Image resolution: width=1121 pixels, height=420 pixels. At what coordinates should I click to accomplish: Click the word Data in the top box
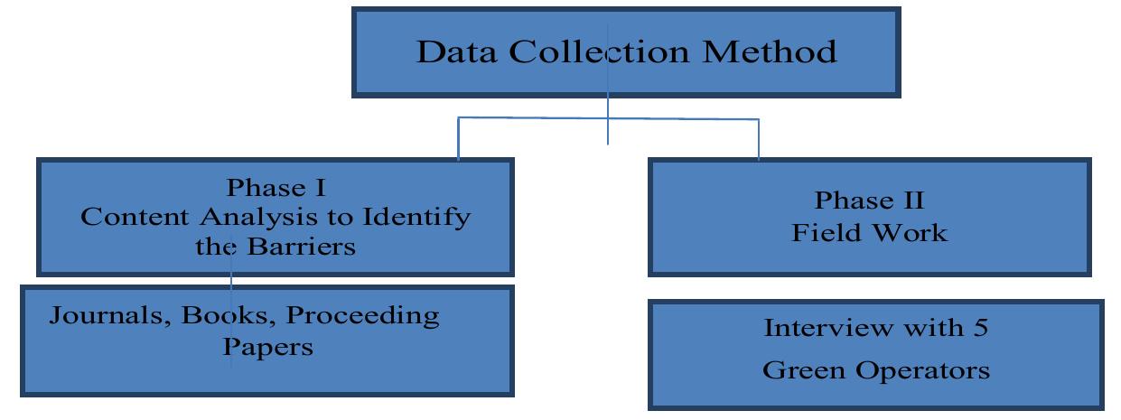tap(456, 51)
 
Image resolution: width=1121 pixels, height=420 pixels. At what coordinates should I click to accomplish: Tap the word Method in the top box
tap(770, 51)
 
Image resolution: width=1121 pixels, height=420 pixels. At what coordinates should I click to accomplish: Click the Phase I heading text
tap(276, 188)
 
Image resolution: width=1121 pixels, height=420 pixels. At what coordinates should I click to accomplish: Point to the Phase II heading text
tap(870, 200)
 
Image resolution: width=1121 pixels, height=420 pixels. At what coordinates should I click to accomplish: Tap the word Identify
tap(416, 218)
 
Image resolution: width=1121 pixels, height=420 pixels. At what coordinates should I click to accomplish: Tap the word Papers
tap(268, 347)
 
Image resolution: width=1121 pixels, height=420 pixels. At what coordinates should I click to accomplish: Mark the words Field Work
tap(870, 232)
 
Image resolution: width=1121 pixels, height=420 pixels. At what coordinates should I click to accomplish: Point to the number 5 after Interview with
tap(979, 327)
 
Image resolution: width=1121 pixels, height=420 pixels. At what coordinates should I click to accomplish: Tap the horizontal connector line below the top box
tap(533, 117)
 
